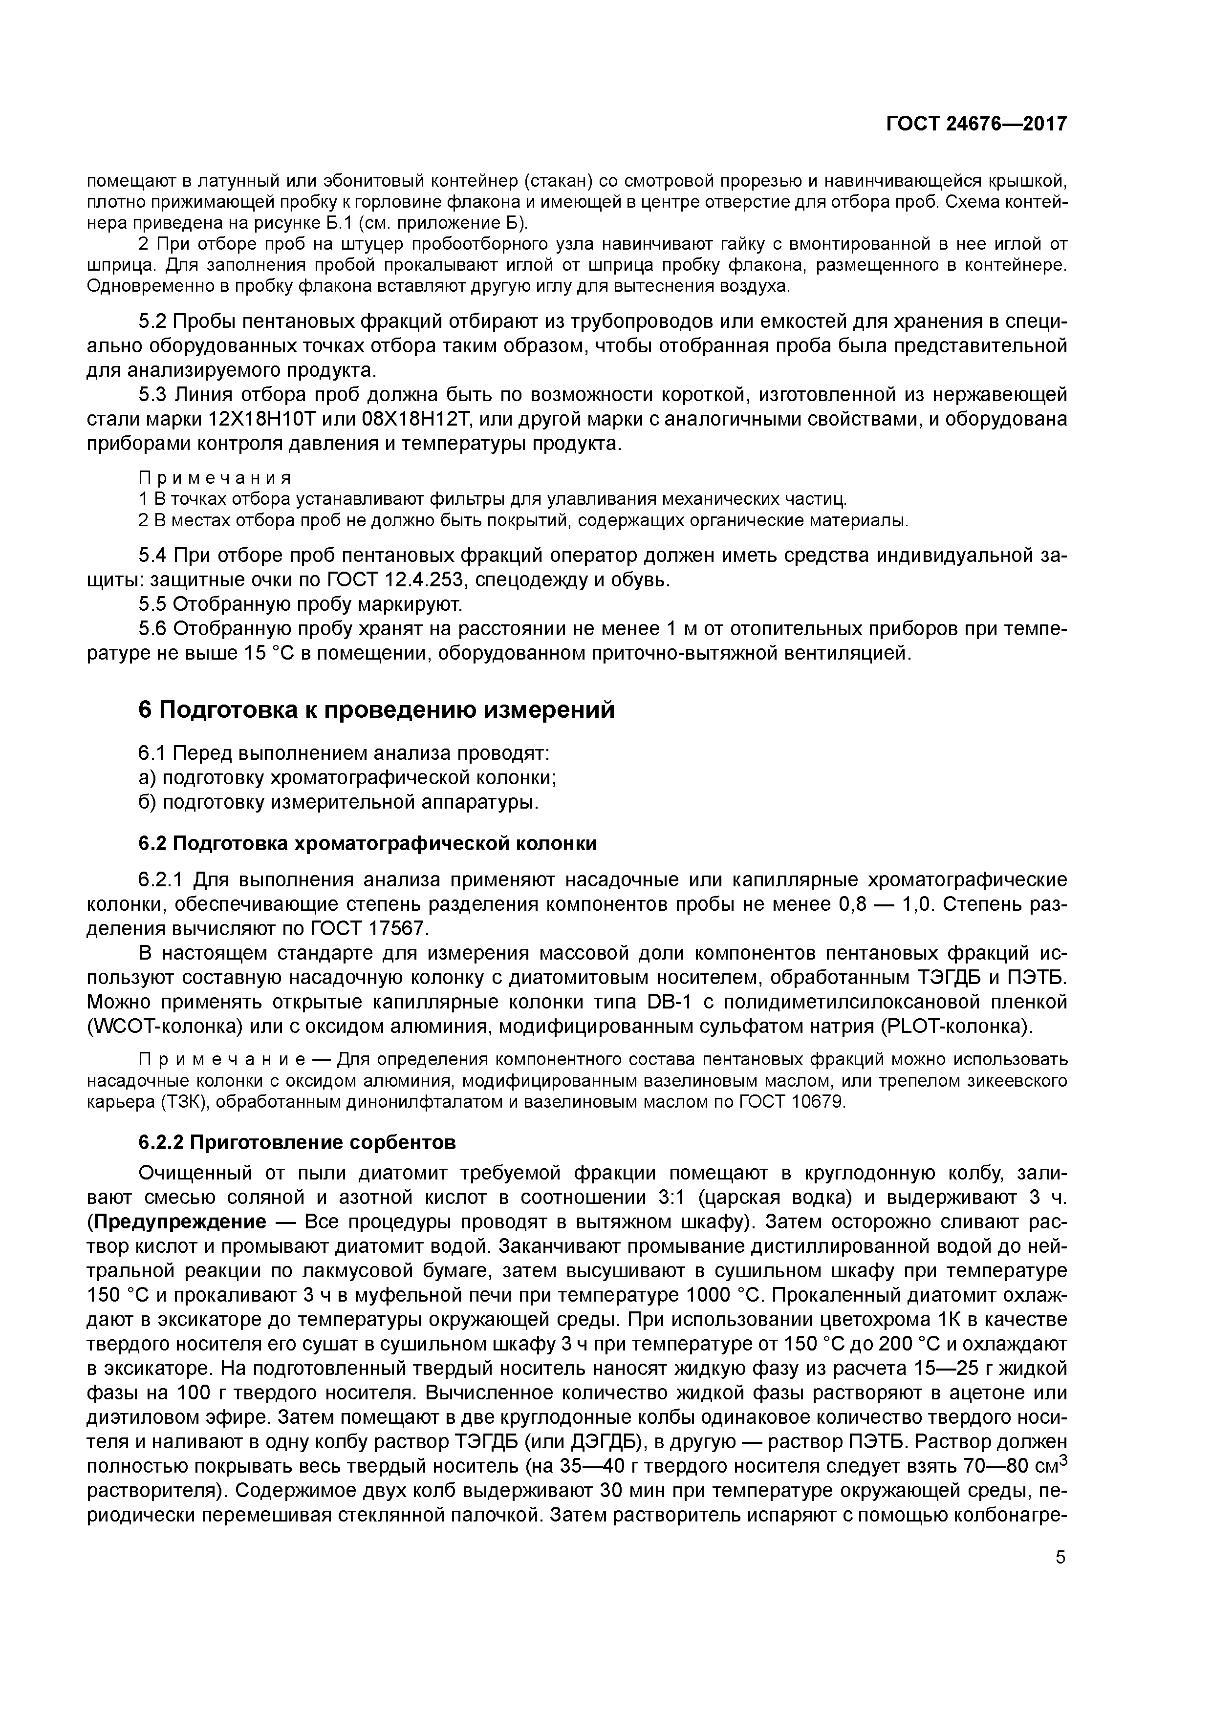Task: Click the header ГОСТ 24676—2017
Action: tap(976, 124)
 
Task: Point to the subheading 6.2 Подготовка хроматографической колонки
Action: tap(368, 843)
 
